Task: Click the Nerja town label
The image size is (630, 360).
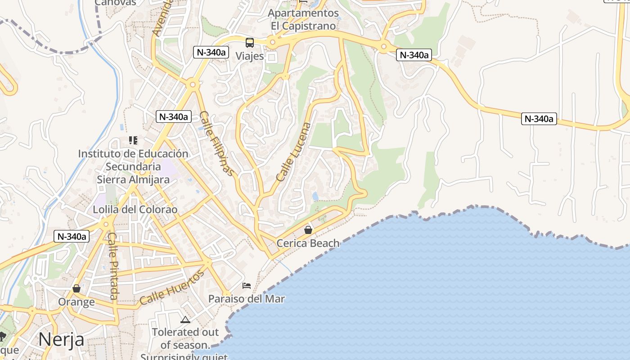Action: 61,339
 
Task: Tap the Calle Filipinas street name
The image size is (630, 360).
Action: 217,143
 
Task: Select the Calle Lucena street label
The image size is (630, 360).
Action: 294,152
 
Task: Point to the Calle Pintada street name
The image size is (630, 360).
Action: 113,266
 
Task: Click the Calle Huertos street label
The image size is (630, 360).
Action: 172,288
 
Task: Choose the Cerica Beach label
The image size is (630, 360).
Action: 308,243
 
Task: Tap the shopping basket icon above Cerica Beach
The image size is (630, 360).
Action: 308,230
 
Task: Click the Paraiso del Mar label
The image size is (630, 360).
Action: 246,299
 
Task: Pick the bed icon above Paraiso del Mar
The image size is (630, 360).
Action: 247,286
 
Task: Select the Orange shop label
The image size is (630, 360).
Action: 76,302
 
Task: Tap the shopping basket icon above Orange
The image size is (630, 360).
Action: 76,288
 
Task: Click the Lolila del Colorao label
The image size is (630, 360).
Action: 135,210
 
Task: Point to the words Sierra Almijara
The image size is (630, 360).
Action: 133,180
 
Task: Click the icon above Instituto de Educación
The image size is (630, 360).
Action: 133,140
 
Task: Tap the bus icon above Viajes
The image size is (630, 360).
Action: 250,43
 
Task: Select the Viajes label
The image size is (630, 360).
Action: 250,56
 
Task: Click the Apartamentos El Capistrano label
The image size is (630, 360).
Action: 303,19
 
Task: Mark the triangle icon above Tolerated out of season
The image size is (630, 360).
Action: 185,320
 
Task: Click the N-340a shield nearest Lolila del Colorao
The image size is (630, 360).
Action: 72,236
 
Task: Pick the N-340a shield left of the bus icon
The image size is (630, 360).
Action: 210,52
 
